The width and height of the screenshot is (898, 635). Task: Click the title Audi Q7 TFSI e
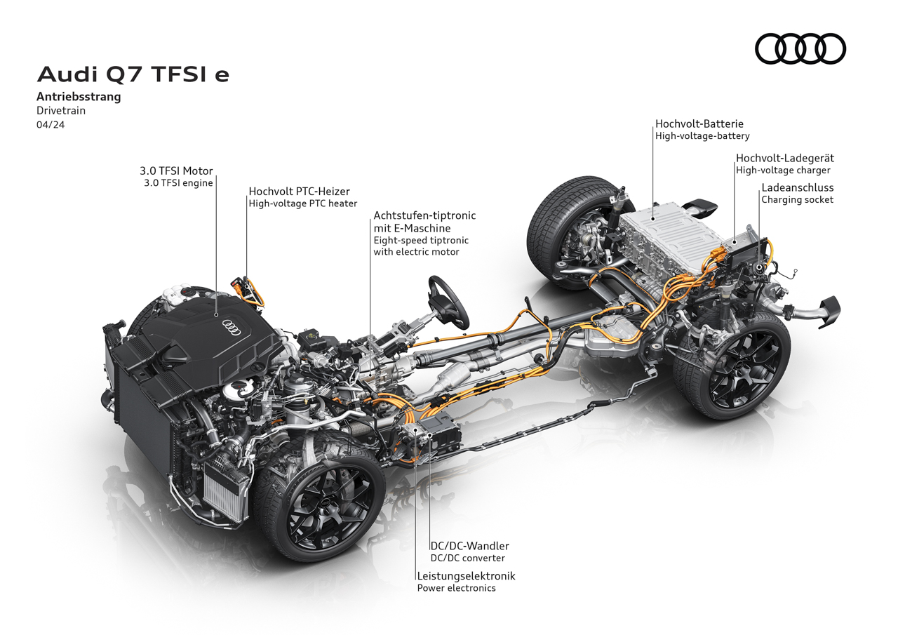(133, 74)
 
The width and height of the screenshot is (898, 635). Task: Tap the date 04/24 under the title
(51, 125)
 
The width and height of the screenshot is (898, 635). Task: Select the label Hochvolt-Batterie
(699, 123)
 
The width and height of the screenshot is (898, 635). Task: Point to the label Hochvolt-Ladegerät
(785, 158)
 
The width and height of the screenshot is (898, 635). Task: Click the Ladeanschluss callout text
(798, 187)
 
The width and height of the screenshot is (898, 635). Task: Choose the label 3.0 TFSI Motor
(176, 171)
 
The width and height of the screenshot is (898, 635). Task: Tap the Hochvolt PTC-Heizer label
(299, 192)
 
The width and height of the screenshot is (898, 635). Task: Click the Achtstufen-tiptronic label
(424, 215)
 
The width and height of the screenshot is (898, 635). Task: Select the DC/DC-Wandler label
(469, 546)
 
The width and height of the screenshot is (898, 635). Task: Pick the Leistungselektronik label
(466, 576)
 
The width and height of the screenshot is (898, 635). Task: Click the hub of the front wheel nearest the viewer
(325, 502)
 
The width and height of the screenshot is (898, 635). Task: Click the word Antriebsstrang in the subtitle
(79, 97)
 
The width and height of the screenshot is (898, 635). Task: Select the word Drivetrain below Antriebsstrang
(61, 111)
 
